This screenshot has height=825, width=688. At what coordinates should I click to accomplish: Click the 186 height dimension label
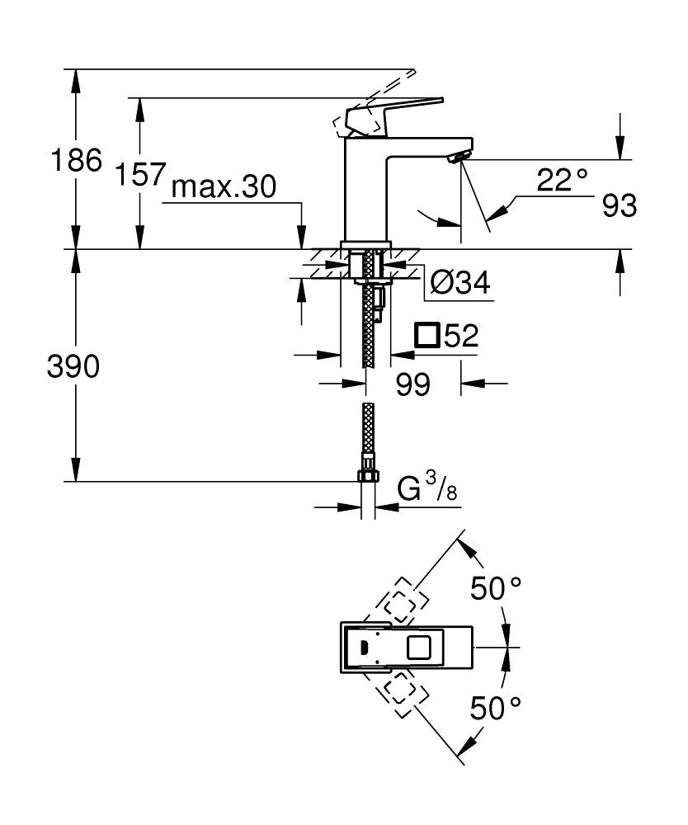pyautogui.click(x=76, y=160)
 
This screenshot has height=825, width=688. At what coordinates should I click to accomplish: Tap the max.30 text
pyautogui.click(x=223, y=189)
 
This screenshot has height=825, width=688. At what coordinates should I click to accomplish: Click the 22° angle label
pyautogui.click(x=562, y=180)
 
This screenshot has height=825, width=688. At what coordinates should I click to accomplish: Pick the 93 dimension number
pyautogui.click(x=619, y=206)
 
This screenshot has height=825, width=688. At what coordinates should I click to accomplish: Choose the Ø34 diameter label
pyautogui.click(x=459, y=284)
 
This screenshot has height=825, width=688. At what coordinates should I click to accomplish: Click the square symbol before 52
pyautogui.click(x=427, y=336)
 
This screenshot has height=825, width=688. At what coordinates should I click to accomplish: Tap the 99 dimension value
pyautogui.click(x=412, y=384)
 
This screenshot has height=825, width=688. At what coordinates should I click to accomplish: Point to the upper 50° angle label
pyautogui.click(x=496, y=589)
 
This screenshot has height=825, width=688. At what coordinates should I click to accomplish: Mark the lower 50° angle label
pyautogui.click(x=496, y=708)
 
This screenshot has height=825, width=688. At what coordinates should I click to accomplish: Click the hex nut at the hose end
pyautogui.click(x=368, y=475)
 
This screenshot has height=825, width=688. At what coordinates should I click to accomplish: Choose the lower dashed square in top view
pyautogui.click(x=399, y=693)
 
